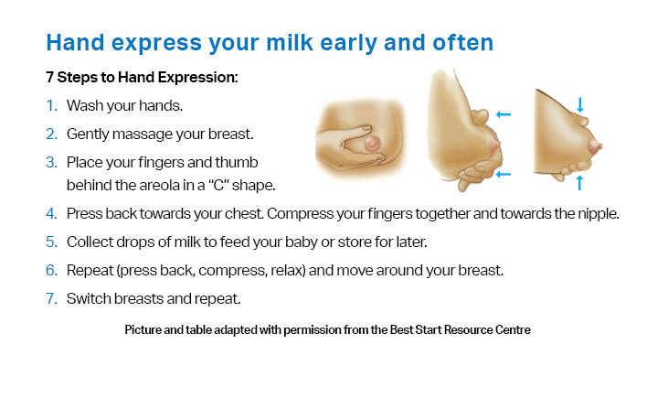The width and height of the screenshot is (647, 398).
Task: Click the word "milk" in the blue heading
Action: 290,43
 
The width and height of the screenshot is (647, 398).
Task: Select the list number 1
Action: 51,106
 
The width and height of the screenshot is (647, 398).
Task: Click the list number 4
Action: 51,214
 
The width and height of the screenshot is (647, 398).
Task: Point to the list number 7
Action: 51,298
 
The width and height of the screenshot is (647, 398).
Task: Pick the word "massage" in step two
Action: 143,134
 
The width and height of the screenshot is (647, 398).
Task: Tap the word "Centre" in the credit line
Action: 514,329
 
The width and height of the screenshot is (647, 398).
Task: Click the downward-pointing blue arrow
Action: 580,105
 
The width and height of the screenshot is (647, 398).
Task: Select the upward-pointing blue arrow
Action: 579,183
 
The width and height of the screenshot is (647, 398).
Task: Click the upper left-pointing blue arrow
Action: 504,114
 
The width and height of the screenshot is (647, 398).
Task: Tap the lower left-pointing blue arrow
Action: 504,175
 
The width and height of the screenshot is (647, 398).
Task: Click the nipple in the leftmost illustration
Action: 372,144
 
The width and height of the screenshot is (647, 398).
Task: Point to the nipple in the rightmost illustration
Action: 596,145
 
